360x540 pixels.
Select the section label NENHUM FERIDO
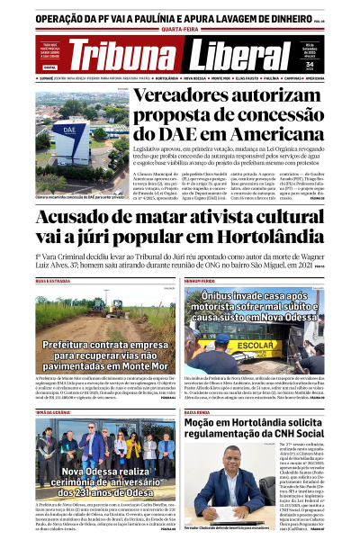(x=200, y=282)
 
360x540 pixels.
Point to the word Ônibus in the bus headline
(x=224, y=295)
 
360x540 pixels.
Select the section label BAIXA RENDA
(x=197, y=386)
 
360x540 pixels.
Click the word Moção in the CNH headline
(x=209, y=399)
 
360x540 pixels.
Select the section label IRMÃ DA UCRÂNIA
(x=53, y=386)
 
